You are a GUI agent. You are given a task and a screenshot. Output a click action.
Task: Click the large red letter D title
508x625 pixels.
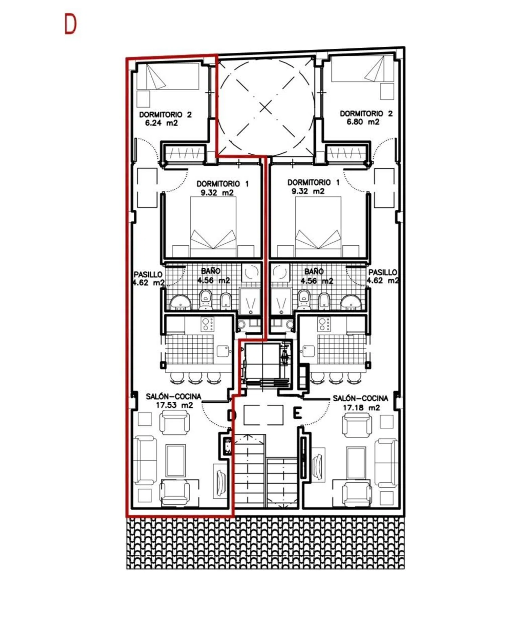pyautogui.click(x=70, y=24)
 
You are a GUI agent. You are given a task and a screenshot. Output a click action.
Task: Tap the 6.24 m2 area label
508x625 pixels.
pyautogui.click(x=162, y=123)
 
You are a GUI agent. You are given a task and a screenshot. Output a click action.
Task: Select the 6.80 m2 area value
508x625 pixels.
pyautogui.click(x=363, y=122)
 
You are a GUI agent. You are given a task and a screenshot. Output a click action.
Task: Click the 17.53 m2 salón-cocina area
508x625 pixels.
pyautogui.click(x=174, y=405)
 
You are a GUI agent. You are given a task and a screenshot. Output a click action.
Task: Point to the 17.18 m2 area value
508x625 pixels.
pyautogui.click(x=361, y=408)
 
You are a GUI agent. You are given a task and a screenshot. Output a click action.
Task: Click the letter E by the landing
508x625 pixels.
pyautogui.click(x=297, y=413)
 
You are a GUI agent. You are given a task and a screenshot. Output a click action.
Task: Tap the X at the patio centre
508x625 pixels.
pyautogui.click(x=266, y=108)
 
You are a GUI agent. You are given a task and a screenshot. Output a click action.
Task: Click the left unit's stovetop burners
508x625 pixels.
pyautogui.click(x=207, y=324)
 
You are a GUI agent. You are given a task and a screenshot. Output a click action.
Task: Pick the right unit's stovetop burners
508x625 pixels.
pyautogui.click(x=324, y=324)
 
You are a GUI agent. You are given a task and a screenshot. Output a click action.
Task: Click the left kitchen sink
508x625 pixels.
pyautogui.click(x=223, y=351)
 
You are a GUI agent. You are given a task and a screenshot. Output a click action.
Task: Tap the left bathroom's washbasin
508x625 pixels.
pyautogui.click(x=180, y=302)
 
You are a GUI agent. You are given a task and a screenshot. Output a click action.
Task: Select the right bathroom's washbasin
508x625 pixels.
pyautogui.click(x=351, y=302)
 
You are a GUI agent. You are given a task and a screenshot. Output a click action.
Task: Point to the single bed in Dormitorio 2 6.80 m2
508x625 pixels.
pyautogui.click(x=362, y=69)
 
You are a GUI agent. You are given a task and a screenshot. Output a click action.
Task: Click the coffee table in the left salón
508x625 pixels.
pyautogui.click(x=175, y=461)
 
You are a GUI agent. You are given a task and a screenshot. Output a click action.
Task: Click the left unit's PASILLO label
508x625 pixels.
pyautogui.click(x=148, y=274)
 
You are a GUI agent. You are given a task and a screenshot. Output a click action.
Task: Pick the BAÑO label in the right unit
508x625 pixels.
pyautogui.click(x=314, y=271)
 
